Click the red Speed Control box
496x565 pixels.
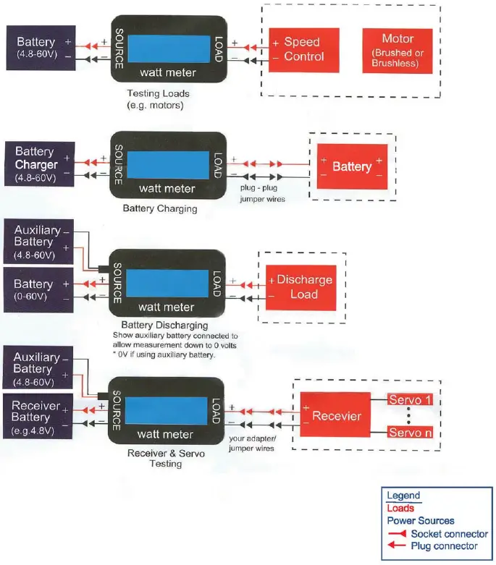pos(303,50)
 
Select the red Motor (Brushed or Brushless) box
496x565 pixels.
pos(398,51)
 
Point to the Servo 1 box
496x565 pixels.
pos(411,399)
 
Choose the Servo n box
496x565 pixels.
pos(411,432)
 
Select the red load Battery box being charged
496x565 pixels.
pos(352,166)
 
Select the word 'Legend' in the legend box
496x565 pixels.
pos(403,496)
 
